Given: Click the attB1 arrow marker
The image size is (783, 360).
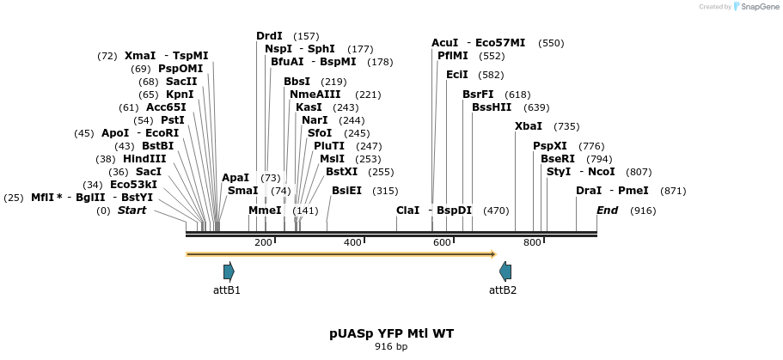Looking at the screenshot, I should pos(229,272).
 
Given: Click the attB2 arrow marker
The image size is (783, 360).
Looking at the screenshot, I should pos(505,272).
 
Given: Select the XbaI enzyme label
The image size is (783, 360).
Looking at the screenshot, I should pos(529,126).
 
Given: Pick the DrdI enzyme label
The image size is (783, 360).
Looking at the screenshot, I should pos(269,36).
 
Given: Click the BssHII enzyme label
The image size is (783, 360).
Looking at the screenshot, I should pos(492,107).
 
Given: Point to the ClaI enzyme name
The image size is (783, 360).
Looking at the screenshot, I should pos(407,211).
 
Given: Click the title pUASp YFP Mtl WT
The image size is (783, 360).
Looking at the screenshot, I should pos(391,333).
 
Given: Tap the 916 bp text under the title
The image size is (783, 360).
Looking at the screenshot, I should pos(391,347).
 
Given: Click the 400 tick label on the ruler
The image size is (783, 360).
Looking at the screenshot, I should pos(352,243).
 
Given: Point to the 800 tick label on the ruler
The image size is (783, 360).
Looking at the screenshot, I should pos(532,243).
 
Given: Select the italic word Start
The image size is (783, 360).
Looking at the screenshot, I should pos(132,211).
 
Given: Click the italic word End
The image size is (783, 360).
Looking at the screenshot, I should pos(608,211).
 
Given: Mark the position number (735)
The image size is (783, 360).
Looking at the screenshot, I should pos(566,126).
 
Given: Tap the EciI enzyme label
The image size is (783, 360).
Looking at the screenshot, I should pos(457,75).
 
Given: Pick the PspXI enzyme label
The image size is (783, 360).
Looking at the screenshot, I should pos(550,146).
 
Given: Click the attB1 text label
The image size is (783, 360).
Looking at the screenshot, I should pos(227,290).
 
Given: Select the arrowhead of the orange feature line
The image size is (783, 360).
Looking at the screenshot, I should pos(493,254).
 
